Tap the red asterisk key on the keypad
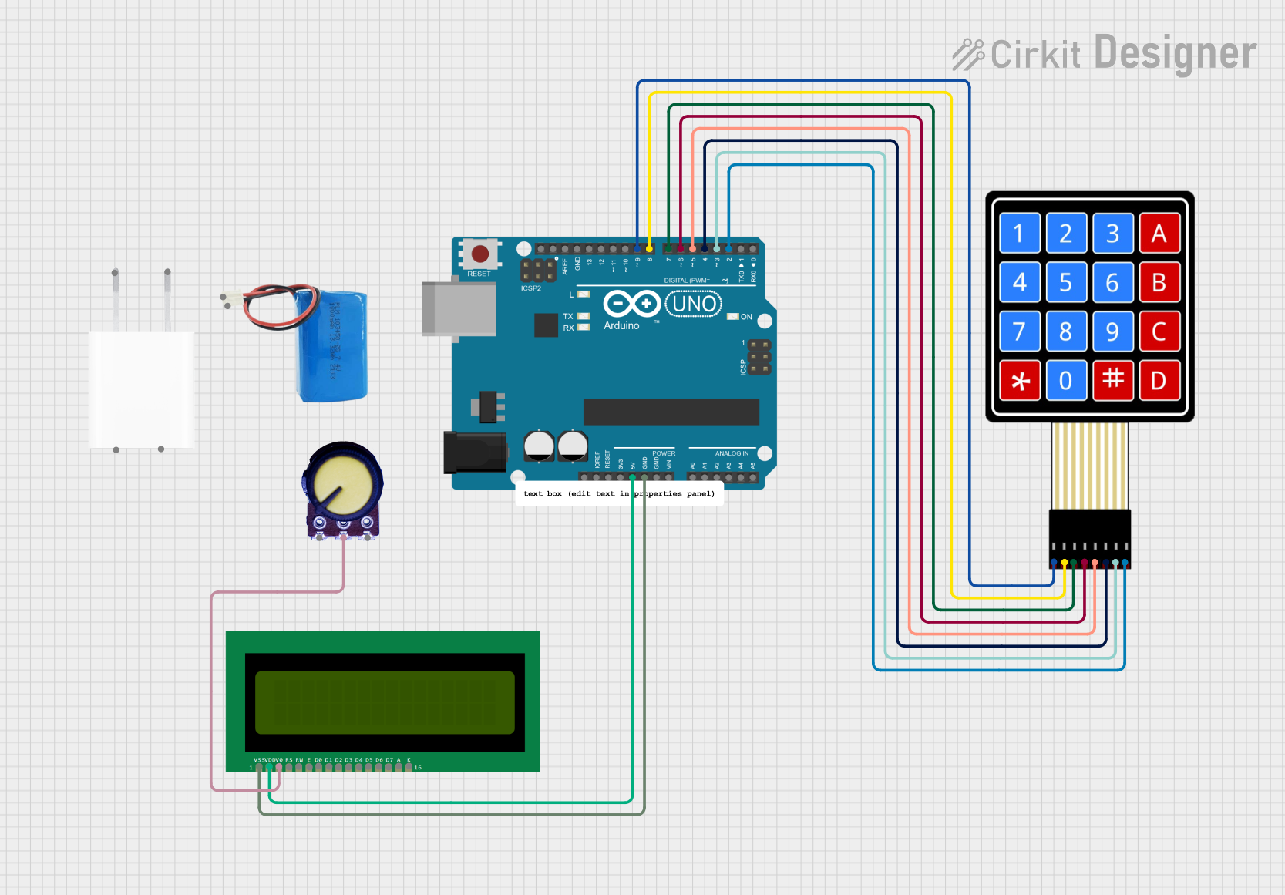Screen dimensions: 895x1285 pos(1020,381)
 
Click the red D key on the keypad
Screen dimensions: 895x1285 pos(1159,381)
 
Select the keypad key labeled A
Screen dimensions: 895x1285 pos(1159,234)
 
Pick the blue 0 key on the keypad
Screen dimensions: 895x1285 pos(1066,381)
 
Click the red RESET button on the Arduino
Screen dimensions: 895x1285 pos(479,254)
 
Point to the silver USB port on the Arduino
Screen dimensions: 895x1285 pos(459,309)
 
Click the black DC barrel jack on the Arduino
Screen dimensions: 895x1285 pos(474,453)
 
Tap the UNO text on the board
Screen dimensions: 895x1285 pos(694,304)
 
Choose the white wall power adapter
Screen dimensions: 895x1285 pos(141,389)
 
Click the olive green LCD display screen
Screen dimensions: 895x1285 pos(385,702)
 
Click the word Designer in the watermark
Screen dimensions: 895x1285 pos(1175,53)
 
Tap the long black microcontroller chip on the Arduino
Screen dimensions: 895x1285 pos(671,412)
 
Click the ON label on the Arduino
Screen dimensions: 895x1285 pos(746,317)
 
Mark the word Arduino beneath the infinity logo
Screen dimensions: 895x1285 pos(621,326)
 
